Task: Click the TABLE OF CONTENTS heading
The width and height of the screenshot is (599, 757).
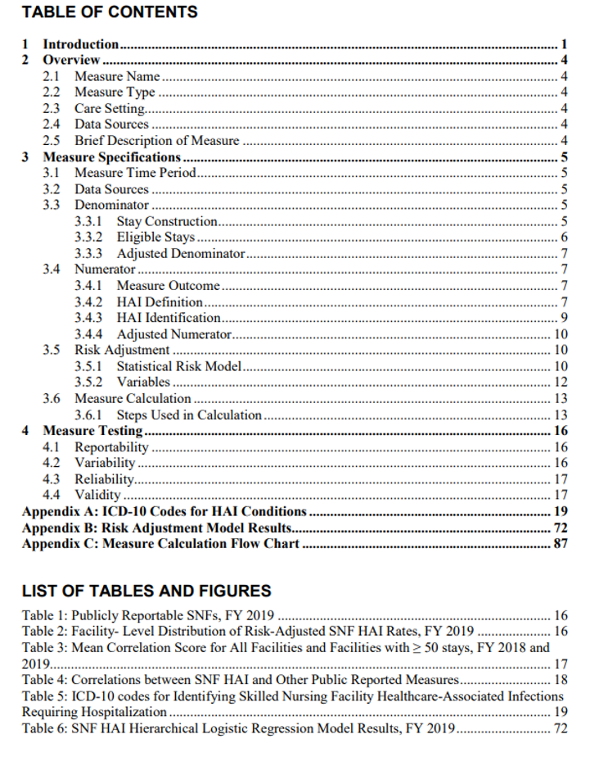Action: coord(110,12)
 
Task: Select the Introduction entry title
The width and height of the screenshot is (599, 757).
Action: coord(81,44)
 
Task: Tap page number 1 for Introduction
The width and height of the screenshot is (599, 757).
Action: coord(565,44)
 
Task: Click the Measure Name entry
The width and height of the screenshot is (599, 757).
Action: coord(117,76)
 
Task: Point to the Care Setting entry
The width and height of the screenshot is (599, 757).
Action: coord(110,108)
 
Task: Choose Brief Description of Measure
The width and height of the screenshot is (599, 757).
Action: coord(157,140)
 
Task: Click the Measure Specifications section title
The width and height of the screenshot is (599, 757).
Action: coord(111,156)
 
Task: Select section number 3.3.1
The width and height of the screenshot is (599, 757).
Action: coord(88,221)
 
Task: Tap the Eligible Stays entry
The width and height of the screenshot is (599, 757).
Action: coord(155,237)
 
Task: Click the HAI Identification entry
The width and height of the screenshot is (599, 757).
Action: coord(169,317)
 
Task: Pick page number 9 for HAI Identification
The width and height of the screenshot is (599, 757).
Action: coord(565,317)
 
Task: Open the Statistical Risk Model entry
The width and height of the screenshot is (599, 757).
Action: coord(178,366)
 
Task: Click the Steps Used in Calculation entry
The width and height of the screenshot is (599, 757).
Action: coord(189,415)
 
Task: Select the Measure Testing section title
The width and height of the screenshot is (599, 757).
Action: coord(92,430)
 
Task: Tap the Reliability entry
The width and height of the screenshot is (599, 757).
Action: coord(105,478)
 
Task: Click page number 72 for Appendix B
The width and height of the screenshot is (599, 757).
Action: coord(561,527)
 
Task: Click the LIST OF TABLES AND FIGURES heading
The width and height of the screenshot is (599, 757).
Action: coord(146,591)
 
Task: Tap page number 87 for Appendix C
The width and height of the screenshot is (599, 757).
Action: coord(561,543)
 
